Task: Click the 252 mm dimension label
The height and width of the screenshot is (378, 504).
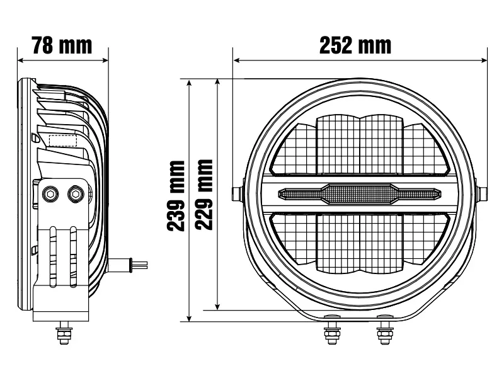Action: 355,45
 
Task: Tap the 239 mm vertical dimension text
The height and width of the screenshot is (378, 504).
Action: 178,196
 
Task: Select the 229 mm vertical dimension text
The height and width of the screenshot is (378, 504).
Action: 203,196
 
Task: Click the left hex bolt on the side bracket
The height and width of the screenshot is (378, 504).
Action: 50,194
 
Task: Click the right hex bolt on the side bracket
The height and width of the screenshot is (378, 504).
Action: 76,193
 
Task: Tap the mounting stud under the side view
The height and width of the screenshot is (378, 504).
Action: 64,334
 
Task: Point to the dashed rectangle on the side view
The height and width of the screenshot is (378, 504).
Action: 63,140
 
